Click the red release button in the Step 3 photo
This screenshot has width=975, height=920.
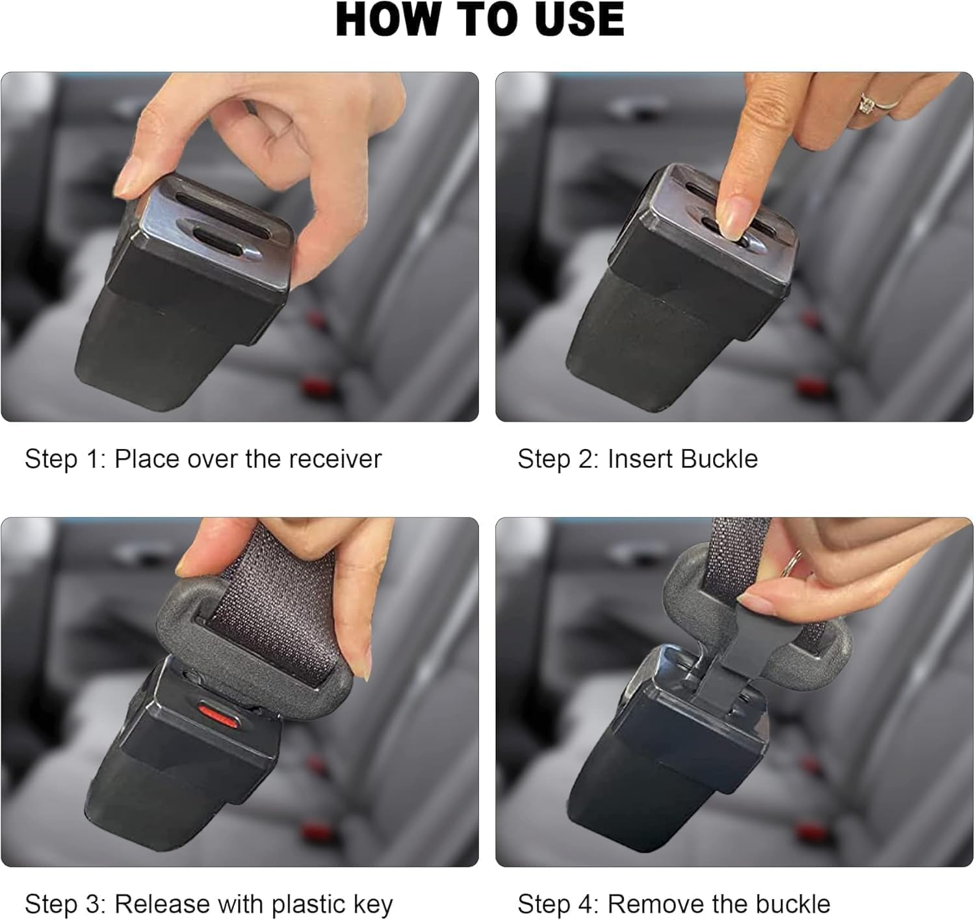coord(218,715)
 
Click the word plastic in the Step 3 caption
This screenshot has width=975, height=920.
coord(309,904)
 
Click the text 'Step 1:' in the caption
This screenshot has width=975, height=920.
coord(64,459)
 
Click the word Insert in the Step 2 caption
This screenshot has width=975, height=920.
coord(639,459)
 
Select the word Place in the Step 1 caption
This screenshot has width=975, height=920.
coord(147,459)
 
